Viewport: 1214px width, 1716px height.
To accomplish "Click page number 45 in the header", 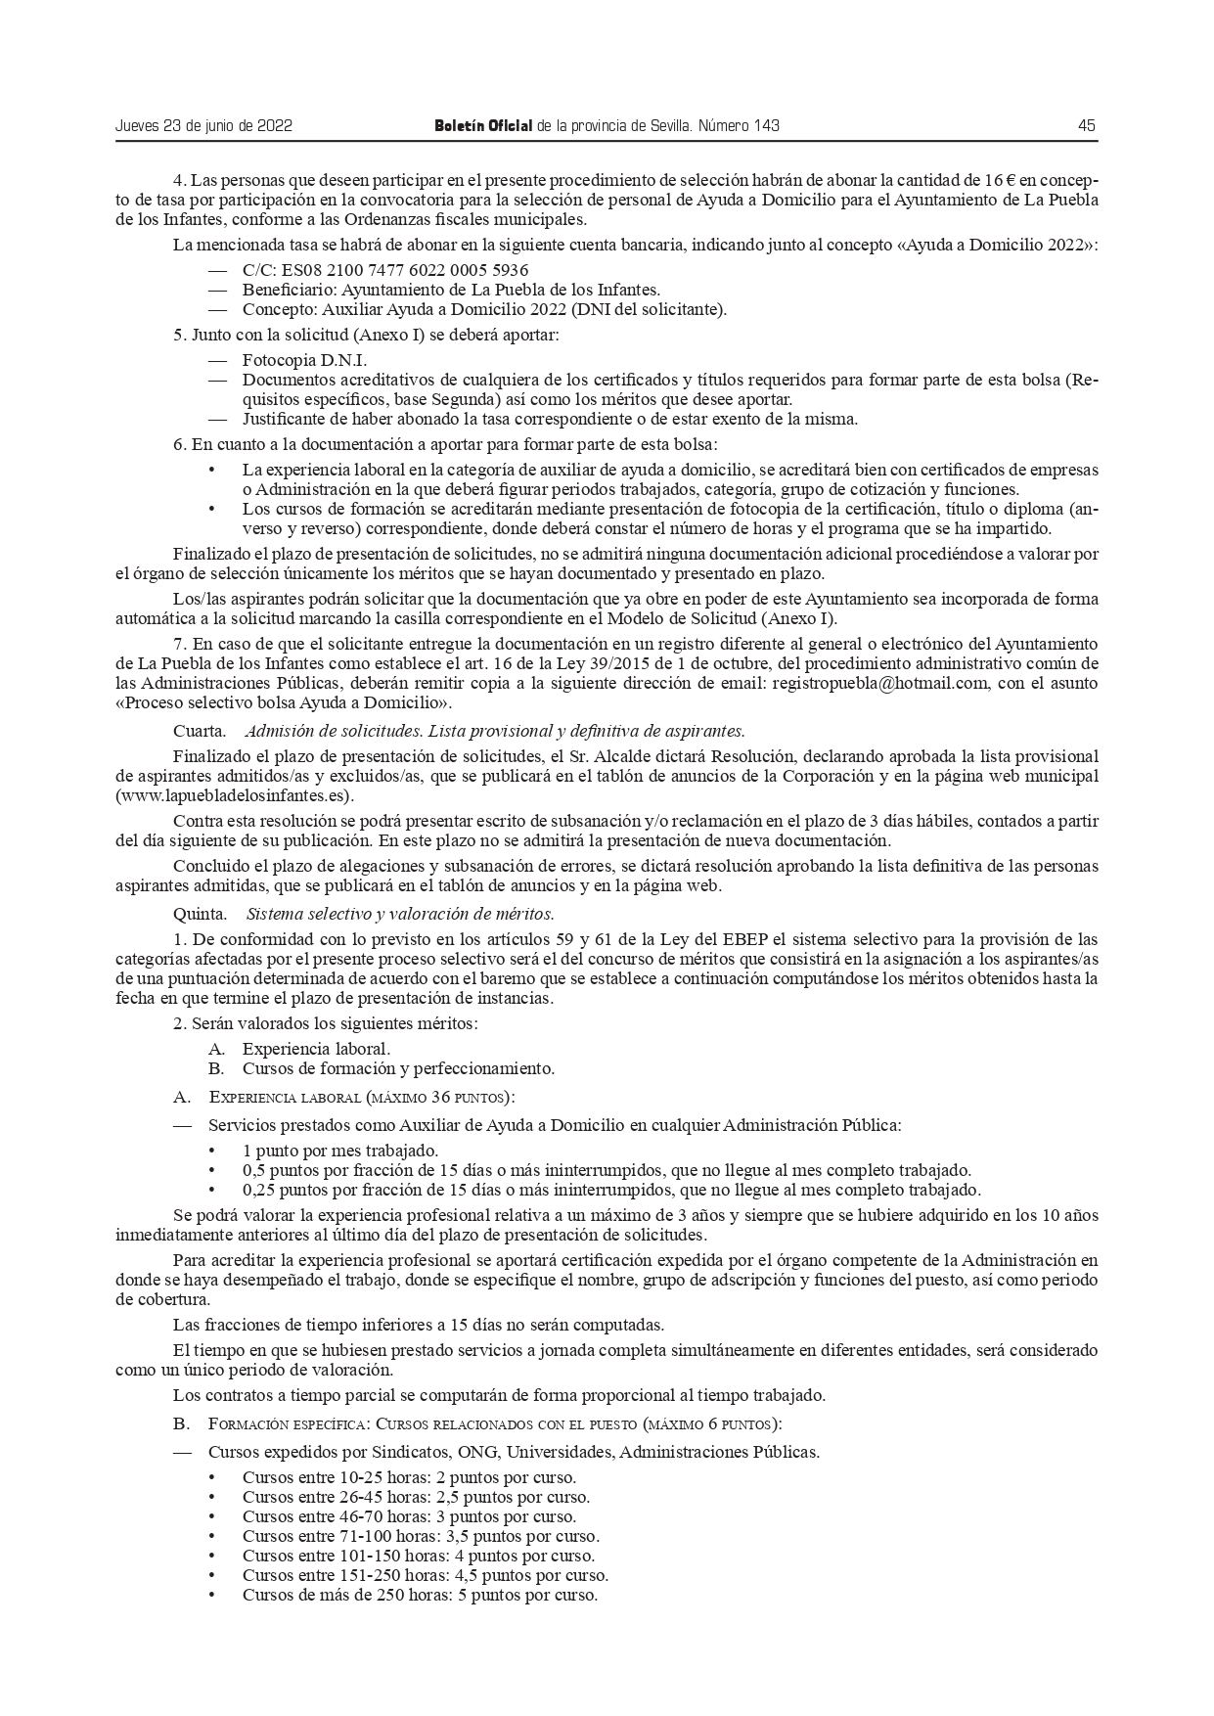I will pyautogui.click(x=1086, y=126).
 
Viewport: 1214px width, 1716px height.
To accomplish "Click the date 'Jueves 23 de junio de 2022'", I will pyautogui.click(x=203, y=126).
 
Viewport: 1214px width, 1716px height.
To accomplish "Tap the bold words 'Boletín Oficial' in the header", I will pyautogui.click(x=483, y=126).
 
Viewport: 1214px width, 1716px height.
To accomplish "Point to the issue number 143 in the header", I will pyautogui.click(x=767, y=126).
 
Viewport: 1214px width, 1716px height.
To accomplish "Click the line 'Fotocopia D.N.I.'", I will pyautogui.click(x=291, y=360).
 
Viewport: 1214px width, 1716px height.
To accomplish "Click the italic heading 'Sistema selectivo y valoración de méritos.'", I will pyautogui.click(x=400, y=915).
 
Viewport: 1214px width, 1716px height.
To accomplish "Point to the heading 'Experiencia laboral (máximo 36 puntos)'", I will pyautogui.click(x=362, y=1098).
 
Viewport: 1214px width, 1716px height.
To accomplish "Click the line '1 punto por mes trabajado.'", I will pyautogui.click(x=340, y=1151).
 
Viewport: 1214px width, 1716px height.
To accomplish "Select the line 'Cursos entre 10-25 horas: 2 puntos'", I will pyautogui.click(x=409, y=1477).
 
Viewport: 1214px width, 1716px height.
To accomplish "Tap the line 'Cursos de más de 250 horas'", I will pyautogui.click(x=420, y=1595).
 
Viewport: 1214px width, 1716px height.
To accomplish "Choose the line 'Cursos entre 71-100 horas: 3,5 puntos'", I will pyautogui.click(x=421, y=1536).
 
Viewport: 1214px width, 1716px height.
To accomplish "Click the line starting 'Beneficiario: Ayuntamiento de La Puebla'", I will pyautogui.click(x=451, y=290).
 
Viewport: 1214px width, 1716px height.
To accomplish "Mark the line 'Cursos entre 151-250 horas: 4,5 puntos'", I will pyautogui.click(x=426, y=1575).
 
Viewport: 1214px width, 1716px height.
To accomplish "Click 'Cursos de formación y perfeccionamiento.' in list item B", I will pyautogui.click(x=398, y=1068).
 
